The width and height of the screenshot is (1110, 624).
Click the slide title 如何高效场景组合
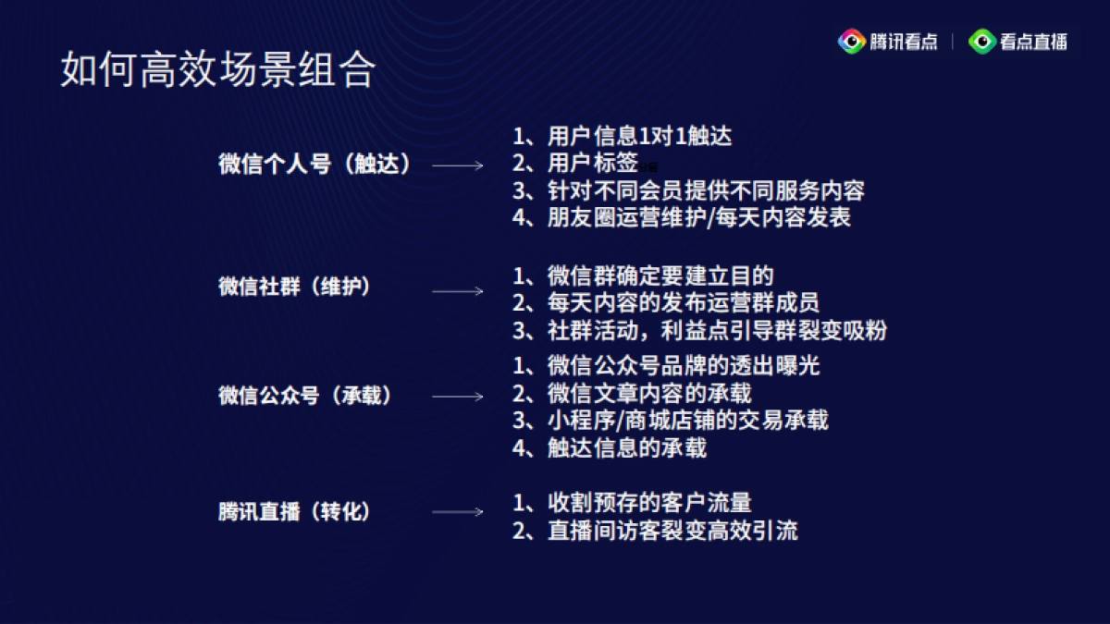point(218,70)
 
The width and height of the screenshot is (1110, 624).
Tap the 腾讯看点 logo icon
point(851,42)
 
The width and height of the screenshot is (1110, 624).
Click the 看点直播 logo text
point(1032,42)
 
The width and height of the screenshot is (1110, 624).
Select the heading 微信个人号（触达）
point(314,165)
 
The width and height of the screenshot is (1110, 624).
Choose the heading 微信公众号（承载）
point(304,396)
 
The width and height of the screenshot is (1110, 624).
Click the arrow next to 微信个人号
point(458,165)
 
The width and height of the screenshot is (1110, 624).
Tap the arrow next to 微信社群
point(458,290)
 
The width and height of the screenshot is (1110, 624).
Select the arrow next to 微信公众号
point(458,397)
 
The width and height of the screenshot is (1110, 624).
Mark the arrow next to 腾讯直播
point(458,512)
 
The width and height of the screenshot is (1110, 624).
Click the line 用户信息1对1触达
point(622,137)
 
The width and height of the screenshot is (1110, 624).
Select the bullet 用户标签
point(575,164)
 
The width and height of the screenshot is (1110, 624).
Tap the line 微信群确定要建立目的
point(643,275)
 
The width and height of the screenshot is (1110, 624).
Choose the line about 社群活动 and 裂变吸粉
point(700,330)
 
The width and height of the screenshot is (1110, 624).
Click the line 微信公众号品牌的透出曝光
point(666,366)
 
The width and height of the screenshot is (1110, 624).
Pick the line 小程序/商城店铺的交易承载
point(671,421)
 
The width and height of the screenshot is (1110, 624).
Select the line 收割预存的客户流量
point(632,503)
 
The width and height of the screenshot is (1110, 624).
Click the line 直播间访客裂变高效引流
point(655,531)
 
